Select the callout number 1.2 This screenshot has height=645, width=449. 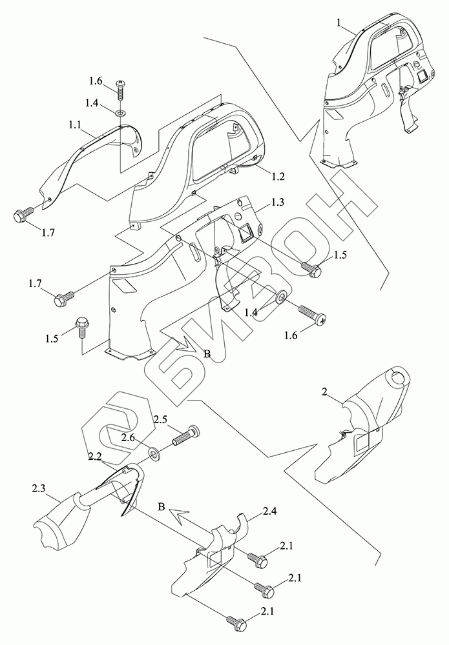278,175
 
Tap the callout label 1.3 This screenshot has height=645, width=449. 278,202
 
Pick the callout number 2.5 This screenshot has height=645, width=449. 161,419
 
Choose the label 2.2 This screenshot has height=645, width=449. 96,456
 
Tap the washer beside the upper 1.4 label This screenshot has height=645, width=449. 121,114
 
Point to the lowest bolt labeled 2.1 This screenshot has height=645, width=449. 236,624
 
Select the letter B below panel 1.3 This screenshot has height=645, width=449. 207,353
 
